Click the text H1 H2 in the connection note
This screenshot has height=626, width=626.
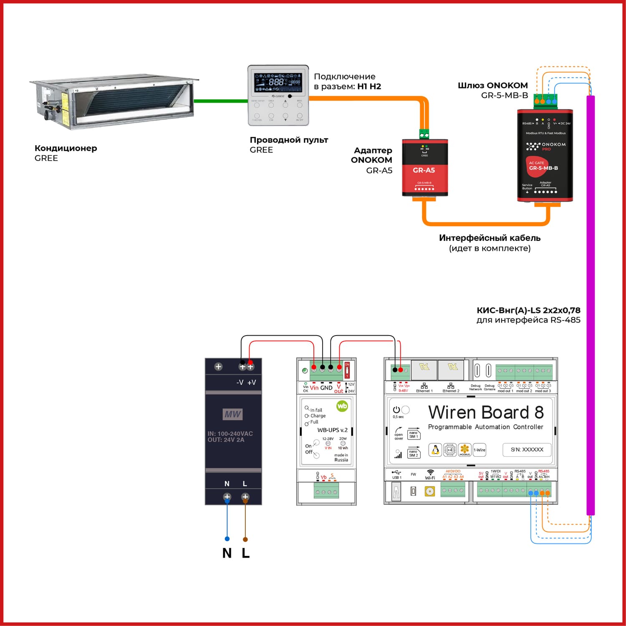pos(369,86)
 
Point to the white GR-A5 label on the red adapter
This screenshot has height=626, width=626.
pos(424,170)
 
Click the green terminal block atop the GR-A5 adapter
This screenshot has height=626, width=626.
pos(424,134)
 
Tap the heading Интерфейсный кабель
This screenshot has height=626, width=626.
pos(490,238)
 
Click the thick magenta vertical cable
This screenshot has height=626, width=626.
pos(590,305)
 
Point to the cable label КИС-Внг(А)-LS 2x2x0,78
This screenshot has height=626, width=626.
pos(528,310)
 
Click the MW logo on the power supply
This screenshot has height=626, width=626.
pos(232,414)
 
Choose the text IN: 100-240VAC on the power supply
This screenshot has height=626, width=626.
pos(230,434)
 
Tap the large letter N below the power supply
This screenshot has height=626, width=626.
pos(227,553)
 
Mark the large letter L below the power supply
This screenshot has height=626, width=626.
pos(246,553)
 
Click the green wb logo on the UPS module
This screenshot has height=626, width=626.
pos(342,406)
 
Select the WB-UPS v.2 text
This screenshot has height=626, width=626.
pos(332,430)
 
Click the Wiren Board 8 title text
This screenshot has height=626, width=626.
pos(486,412)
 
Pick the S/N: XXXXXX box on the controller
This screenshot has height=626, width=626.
pos(527,449)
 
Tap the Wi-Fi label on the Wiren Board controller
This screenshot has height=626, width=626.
pos(430,478)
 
